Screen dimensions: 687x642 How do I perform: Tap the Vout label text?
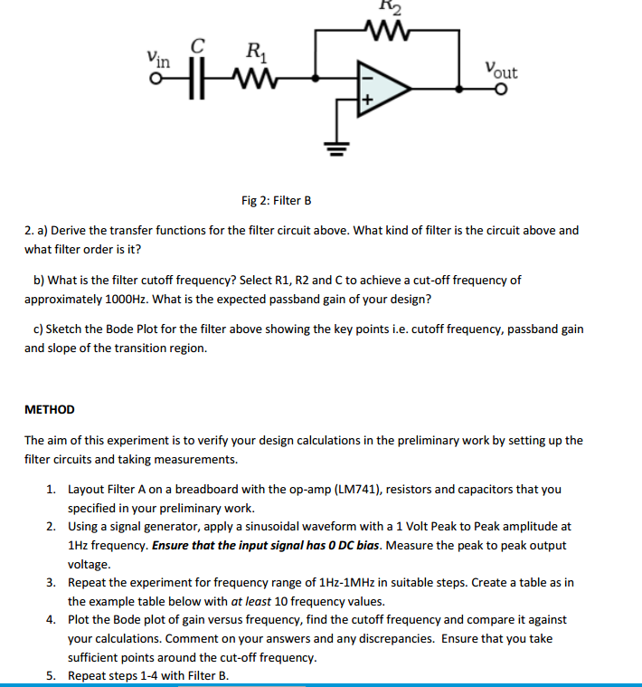pos(501,69)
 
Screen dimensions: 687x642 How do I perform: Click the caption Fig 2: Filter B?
pos(277,200)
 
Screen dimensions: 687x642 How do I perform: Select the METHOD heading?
pos(50,409)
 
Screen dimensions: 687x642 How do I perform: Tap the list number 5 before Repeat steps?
pos(51,675)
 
